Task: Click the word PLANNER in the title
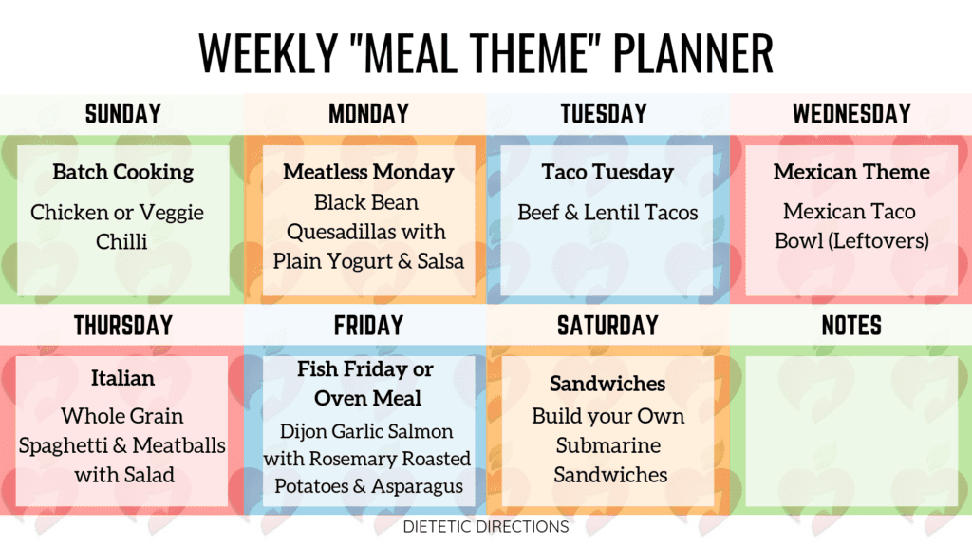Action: pos(693,53)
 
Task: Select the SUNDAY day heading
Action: pos(123,114)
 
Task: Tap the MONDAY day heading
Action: pos(369,114)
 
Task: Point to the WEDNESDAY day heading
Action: pos(851,114)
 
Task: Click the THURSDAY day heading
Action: pos(123,326)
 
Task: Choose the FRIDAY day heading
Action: pos(369,326)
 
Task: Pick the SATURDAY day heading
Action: pos(607,326)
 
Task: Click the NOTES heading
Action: pos(851,326)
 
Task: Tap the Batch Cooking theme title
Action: pos(122,173)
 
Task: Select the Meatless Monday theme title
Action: pos(369,172)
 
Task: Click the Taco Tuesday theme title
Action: pos(607,173)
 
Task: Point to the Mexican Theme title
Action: pos(851,172)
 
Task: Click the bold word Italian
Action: pos(122,378)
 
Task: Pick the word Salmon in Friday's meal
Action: pos(422,431)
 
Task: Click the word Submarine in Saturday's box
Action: pos(608,445)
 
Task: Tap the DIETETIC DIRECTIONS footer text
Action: pos(486,526)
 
